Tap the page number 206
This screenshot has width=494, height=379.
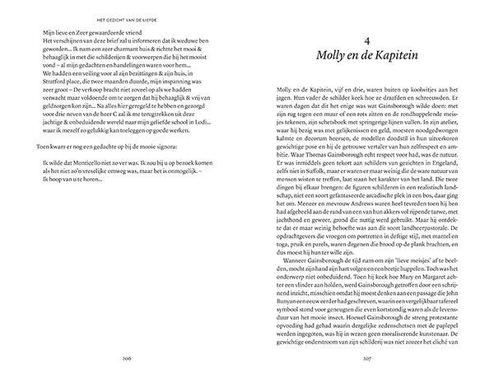[x=125, y=358]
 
